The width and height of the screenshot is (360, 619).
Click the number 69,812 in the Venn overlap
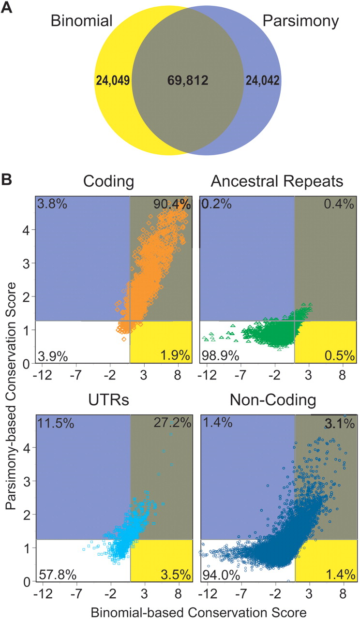[182, 80]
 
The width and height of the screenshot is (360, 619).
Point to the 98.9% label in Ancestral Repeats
[221, 357]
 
